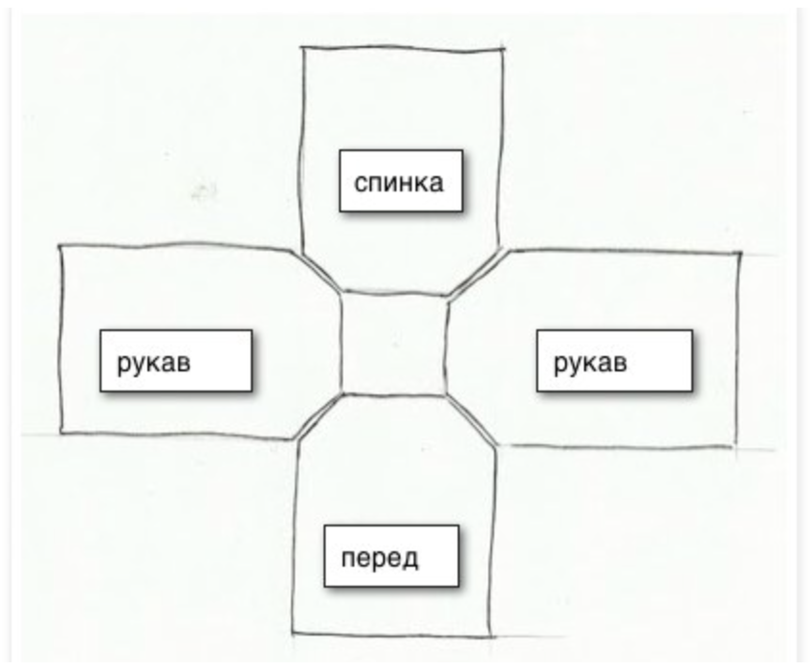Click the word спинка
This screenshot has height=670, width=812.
[x=399, y=182]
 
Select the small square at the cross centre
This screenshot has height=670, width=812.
[x=394, y=343]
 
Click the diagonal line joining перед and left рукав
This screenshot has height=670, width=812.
[x=319, y=415]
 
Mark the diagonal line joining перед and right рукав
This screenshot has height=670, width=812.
[x=471, y=418]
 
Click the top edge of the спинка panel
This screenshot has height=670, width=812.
[x=402, y=47]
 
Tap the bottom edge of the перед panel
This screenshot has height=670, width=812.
[x=392, y=634]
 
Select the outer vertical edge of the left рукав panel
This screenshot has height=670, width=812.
[x=60, y=340]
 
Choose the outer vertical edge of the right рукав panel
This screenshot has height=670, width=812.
[x=737, y=349]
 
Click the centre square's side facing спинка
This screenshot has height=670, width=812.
[x=394, y=293]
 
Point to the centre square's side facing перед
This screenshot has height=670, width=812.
[x=394, y=393]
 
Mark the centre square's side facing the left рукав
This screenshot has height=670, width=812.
[x=341, y=343]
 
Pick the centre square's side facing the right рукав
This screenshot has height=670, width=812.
[x=447, y=345]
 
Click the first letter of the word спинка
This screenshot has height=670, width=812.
[x=361, y=183]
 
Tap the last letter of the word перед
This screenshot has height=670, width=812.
[x=409, y=557]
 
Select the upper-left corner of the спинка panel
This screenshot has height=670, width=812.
[x=302, y=48]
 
